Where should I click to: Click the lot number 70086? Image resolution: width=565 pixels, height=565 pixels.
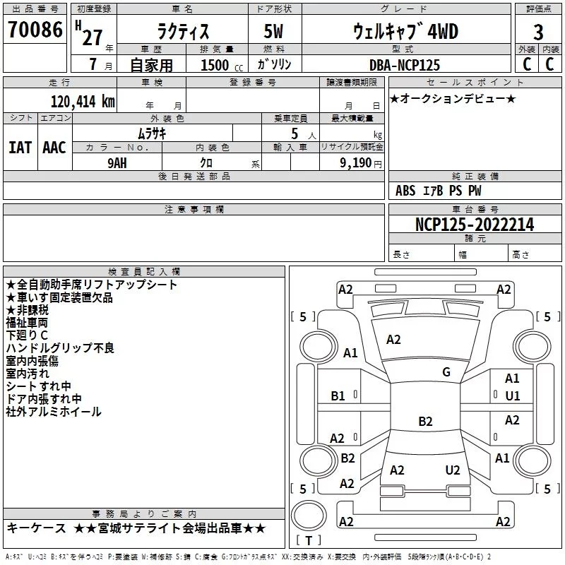(35, 30)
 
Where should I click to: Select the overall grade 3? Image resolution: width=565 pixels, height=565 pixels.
(538, 32)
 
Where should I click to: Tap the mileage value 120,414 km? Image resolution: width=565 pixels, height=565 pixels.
(83, 102)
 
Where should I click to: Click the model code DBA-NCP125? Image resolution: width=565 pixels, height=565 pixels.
(405, 65)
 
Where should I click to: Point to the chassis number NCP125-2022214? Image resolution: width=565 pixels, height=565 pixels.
(475, 225)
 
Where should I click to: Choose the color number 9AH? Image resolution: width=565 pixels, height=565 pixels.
(117, 163)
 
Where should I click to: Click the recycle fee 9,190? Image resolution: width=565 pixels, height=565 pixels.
(356, 163)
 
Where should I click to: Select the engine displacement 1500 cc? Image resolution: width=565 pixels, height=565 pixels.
(222, 65)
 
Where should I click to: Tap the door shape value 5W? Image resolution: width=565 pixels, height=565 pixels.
(273, 31)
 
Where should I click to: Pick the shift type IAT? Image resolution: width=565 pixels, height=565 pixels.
(20, 148)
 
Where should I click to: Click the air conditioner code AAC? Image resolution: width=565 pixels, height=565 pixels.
(54, 148)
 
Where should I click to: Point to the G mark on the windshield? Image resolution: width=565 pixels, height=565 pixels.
(446, 372)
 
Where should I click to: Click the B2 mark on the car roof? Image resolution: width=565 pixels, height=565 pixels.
(425, 421)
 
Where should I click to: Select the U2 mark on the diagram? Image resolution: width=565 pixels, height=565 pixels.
(453, 470)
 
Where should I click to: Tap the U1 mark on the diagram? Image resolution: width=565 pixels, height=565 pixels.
(513, 396)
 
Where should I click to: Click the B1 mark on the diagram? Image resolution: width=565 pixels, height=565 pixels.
(338, 396)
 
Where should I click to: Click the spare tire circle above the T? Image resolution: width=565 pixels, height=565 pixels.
(309, 516)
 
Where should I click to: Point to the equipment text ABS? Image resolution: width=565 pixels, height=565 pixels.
(405, 191)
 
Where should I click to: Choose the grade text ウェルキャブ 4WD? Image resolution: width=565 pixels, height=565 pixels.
(405, 31)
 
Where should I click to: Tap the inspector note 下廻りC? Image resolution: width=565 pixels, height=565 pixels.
(27, 335)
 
